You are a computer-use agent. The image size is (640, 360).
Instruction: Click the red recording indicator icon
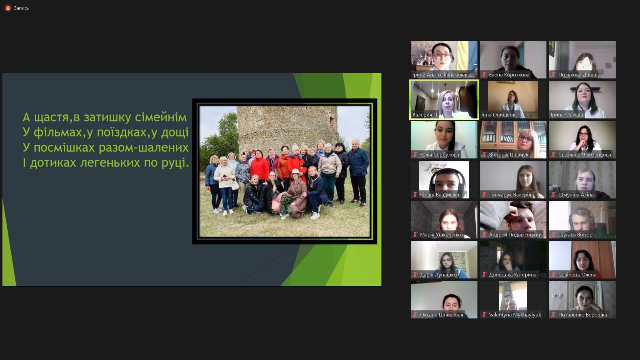tap(8, 8)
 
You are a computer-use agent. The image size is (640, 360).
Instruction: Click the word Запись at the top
tap(21, 8)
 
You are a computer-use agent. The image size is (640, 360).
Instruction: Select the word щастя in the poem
tap(51, 118)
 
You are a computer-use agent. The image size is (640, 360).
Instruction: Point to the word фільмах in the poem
tap(58, 132)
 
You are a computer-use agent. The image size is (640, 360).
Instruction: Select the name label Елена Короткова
tap(509, 75)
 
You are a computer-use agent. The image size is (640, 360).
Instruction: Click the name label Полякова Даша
tap(577, 75)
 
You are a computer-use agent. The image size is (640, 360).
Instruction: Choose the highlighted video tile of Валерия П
tap(444, 100)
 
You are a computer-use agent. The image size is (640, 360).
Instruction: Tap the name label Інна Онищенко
tap(500, 115)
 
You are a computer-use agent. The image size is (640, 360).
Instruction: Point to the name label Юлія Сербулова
tap(439, 155)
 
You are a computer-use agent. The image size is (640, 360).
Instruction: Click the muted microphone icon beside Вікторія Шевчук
tap(484, 155)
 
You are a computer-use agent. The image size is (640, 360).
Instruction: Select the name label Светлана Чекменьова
tap(585, 155)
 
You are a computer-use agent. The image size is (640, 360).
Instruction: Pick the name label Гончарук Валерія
tap(510, 195)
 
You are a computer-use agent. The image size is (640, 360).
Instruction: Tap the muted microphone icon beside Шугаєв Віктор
tap(553, 235)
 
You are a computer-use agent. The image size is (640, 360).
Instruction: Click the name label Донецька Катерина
tap(513, 275)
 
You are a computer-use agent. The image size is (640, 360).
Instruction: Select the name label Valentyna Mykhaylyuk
tap(515, 315)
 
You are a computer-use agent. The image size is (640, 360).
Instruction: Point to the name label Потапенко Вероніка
tap(583, 315)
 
